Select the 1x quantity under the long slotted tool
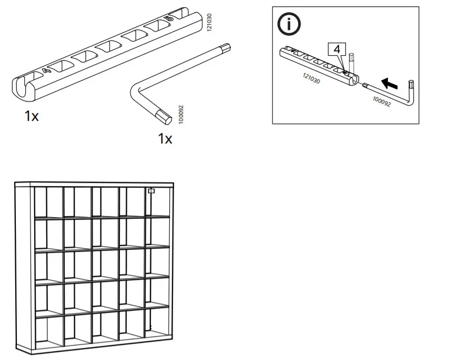click(x=32, y=116)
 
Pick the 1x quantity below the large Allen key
click(x=165, y=139)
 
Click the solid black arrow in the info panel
click(x=389, y=83)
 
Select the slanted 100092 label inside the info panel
click(x=382, y=101)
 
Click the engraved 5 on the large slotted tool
click(x=169, y=18)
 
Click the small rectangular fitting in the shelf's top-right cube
click(x=151, y=191)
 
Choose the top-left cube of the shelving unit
click(x=49, y=202)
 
